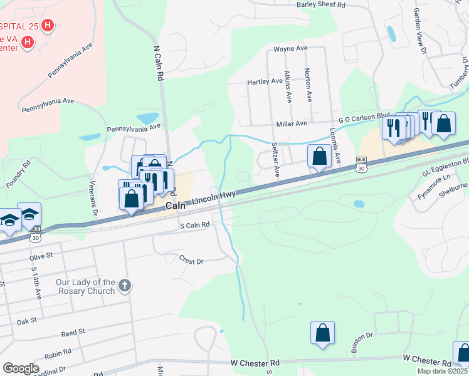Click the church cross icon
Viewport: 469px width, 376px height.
pos(125,286)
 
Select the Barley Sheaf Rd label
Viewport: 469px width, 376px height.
pos(321,4)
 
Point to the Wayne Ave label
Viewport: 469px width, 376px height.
pos(290,48)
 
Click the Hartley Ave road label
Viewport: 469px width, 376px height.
pos(265,81)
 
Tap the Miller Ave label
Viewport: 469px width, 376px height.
pos(293,123)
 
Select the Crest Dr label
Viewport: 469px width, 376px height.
pos(191,259)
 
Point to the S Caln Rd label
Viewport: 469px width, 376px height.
pos(194,226)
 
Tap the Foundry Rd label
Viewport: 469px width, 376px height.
pos(18,175)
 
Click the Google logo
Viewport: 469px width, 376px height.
pos(21,368)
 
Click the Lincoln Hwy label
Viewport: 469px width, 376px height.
pos(213,197)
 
